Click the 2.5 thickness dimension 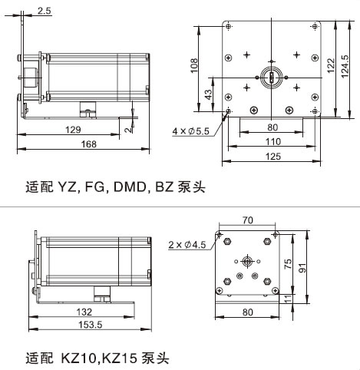[45, 11]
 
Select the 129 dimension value [73, 130]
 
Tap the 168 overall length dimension [89, 144]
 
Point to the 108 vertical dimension [194, 65]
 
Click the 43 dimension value [209, 94]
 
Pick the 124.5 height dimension [345, 66]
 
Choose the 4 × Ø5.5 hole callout [190, 131]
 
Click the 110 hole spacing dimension [273, 141]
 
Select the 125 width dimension [273, 156]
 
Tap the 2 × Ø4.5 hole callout [187, 245]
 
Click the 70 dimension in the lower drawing [247, 220]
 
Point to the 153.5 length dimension [91, 325]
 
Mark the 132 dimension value [84, 312]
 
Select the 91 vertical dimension [302, 268]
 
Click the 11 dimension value [288, 299]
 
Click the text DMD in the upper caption [130, 187]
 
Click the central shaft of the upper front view [272, 77]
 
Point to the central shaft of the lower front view [247, 261]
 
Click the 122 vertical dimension [331, 65]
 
